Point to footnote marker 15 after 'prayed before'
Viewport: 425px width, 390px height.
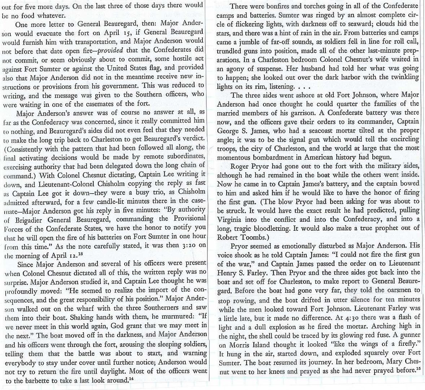tap(418, 368)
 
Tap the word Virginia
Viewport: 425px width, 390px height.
tap(230, 219)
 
